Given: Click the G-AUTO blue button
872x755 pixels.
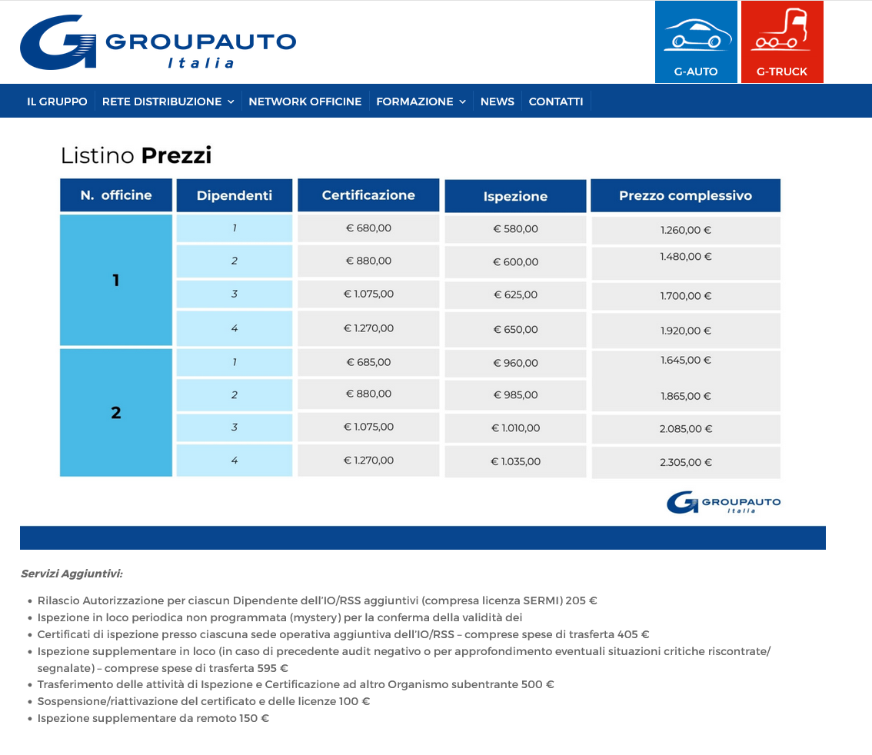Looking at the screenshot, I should (x=696, y=42).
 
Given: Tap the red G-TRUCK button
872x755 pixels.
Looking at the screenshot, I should (x=782, y=42).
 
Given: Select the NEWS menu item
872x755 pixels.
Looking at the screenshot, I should (x=497, y=101).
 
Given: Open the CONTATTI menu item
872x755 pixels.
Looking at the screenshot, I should (x=556, y=101).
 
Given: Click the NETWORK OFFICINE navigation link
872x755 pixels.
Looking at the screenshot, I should (x=305, y=101).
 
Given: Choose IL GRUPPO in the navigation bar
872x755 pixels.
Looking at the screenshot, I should (x=57, y=101).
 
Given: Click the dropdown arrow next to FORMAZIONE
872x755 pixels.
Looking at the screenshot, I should (x=463, y=102).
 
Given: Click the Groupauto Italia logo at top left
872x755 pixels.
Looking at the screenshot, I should (x=158, y=42).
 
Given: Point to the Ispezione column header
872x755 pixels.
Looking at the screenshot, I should (x=515, y=196).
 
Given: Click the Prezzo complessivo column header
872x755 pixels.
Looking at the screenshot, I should (x=685, y=195).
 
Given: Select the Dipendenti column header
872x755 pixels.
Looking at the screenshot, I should (x=235, y=195).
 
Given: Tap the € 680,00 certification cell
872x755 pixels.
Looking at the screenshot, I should (x=368, y=228).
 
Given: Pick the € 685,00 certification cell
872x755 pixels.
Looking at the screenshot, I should (x=368, y=362).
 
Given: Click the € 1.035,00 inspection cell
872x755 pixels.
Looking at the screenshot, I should (x=515, y=462).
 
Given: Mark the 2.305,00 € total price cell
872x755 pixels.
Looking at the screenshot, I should (x=685, y=462).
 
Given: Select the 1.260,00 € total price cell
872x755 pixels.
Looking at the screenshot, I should (x=685, y=230).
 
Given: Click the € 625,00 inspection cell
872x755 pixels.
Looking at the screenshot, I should (x=515, y=294).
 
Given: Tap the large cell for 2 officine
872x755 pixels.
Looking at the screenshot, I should (x=116, y=413).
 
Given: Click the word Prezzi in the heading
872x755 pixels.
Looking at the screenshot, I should (x=176, y=156).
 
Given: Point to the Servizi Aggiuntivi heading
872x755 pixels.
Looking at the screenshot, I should (x=72, y=574).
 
